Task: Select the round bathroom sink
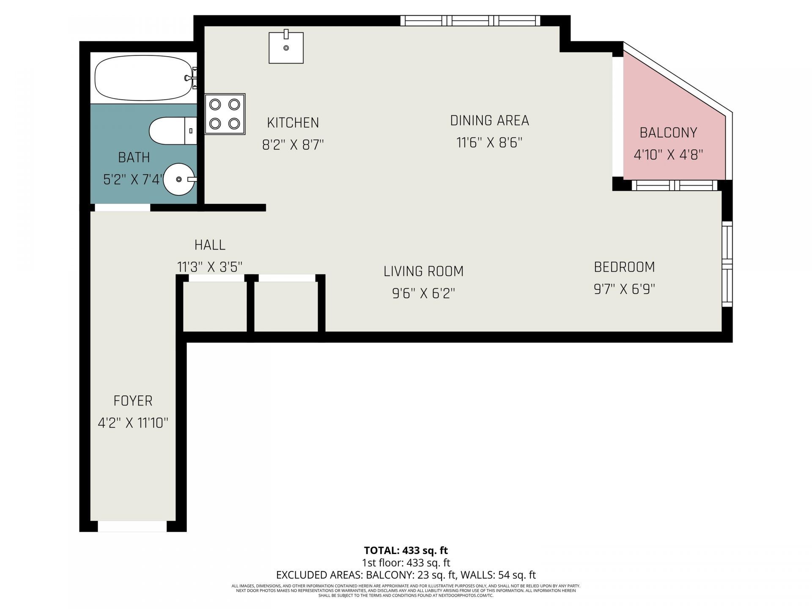[179, 179]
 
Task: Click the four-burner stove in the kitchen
[225, 114]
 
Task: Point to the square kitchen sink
[286, 47]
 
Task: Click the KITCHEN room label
[293, 123]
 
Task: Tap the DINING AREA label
[489, 121]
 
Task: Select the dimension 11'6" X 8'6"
[489, 143]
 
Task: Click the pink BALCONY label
[668, 133]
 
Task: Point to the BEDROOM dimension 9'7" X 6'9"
[624, 289]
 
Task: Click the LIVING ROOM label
[423, 271]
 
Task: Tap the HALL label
[210, 245]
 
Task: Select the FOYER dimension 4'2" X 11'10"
[133, 422]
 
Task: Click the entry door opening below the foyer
[132, 526]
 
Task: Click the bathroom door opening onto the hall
[122, 208]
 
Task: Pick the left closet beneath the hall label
[215, 305]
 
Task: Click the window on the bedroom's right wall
[727, 264]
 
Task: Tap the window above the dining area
[470, 21]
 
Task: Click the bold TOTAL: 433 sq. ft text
[406, 550]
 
